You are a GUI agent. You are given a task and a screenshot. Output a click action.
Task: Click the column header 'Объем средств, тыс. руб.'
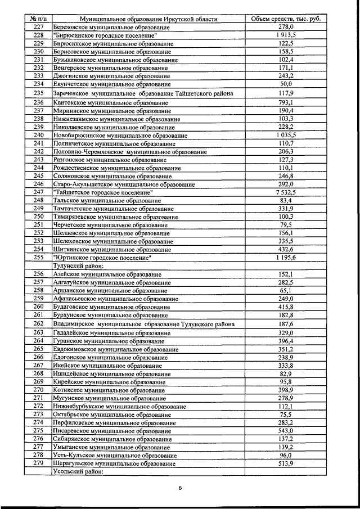(286, 19)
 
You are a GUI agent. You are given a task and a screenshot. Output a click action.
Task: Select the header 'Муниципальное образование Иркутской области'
(149, 19)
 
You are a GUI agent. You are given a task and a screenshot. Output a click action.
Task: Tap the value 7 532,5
(286, 192)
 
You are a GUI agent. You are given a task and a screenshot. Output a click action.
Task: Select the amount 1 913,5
(286, 35)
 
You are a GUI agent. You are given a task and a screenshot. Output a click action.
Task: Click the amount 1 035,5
(286, 135)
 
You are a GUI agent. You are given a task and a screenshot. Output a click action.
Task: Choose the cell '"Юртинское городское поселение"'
(102, 258)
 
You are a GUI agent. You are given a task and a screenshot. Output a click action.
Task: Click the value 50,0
(286, 84)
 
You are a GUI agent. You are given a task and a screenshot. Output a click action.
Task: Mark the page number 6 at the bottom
(181, 488)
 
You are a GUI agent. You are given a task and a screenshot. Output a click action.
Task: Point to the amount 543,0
(286, 430)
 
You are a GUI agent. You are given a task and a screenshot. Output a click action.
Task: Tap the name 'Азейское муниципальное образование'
(106, 274)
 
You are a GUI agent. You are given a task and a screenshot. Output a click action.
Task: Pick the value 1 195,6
(286, 258)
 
